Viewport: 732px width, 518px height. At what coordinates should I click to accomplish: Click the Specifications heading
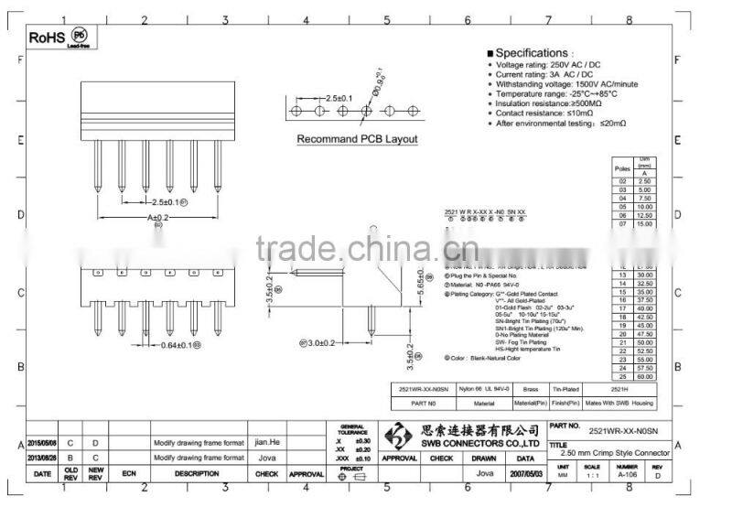click(x=533, y=54)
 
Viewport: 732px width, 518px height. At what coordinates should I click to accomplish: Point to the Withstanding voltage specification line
click(x=566, y=84)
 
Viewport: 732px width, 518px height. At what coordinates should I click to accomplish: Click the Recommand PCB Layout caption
click(x=357, y=139)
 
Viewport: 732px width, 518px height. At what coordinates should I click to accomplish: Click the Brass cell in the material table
click(x=524, y=388)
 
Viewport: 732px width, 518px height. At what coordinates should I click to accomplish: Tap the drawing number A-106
click(x=628, y=474)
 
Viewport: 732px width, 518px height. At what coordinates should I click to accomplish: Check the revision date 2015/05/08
click(x=42, y=442)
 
